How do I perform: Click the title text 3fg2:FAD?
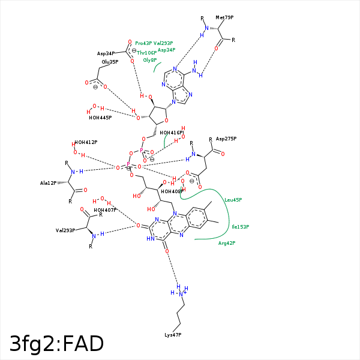coord(57,344)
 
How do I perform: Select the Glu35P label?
coord(110,62)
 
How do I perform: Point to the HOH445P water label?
coord(100,118)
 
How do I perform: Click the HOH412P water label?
coord(86,142)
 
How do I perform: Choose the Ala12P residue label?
coord(48,183)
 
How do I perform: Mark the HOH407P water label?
coord(105,210)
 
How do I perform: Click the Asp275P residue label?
coord(226,139)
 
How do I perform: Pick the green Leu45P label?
coord(233,200)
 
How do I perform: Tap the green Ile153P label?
coord(240,227)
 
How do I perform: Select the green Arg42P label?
coord(226,243)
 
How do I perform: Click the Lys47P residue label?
coord(173,334)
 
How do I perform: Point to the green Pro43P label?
coord(143,43)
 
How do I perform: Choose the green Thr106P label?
coord(146,53)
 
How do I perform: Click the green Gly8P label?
coord(149,60)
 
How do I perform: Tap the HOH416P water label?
coord(172,133)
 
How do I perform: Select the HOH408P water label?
coord(172,191)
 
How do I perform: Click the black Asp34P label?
coord(106,53)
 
